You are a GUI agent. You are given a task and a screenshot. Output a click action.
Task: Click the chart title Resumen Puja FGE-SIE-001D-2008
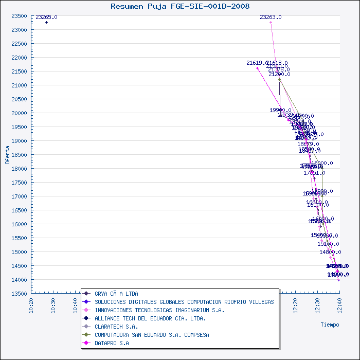pyautogui.click(x=180, y=7)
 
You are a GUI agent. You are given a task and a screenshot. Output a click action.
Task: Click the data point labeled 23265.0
pyautogui.click(x=46, y=22)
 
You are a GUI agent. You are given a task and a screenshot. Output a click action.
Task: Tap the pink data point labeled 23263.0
pyautogui.click(x=271, y=22)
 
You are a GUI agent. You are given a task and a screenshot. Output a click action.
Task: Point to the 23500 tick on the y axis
pyautogui.click(x=20, y=16)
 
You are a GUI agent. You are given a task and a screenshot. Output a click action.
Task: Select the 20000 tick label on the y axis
pyautogui.click(x=20, y=113)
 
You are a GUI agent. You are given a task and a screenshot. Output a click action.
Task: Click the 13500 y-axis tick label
pyautogui.click(x=20, y=294)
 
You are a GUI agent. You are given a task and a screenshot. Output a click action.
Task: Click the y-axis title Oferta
pyautogui.click(x=7, y=154)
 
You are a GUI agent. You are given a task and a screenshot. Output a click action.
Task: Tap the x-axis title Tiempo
pyautogui.click(x=330, y=325)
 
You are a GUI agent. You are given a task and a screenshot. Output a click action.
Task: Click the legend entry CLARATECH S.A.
pyautogui.click(x=116, y=327)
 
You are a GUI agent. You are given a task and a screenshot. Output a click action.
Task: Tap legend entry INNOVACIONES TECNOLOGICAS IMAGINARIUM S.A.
pyautogui.click(x=159, y=310)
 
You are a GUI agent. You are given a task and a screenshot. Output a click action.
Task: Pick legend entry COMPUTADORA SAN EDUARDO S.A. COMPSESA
pyautogui.click(x=152, y=335)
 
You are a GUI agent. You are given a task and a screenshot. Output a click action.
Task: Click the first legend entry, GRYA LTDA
pyautogui.click(x=116, y=294)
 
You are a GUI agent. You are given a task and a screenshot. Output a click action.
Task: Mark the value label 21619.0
pyautogui.click(x=257, y=63)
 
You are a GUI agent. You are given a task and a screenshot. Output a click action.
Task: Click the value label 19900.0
pyautogui.click(x=280, y=110)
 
